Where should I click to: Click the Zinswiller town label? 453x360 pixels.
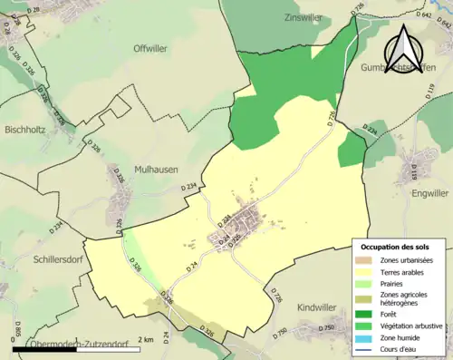tap(304, 17)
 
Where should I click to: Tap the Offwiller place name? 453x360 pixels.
tap(151, 48)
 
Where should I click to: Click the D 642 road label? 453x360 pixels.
tap(424, 15)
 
